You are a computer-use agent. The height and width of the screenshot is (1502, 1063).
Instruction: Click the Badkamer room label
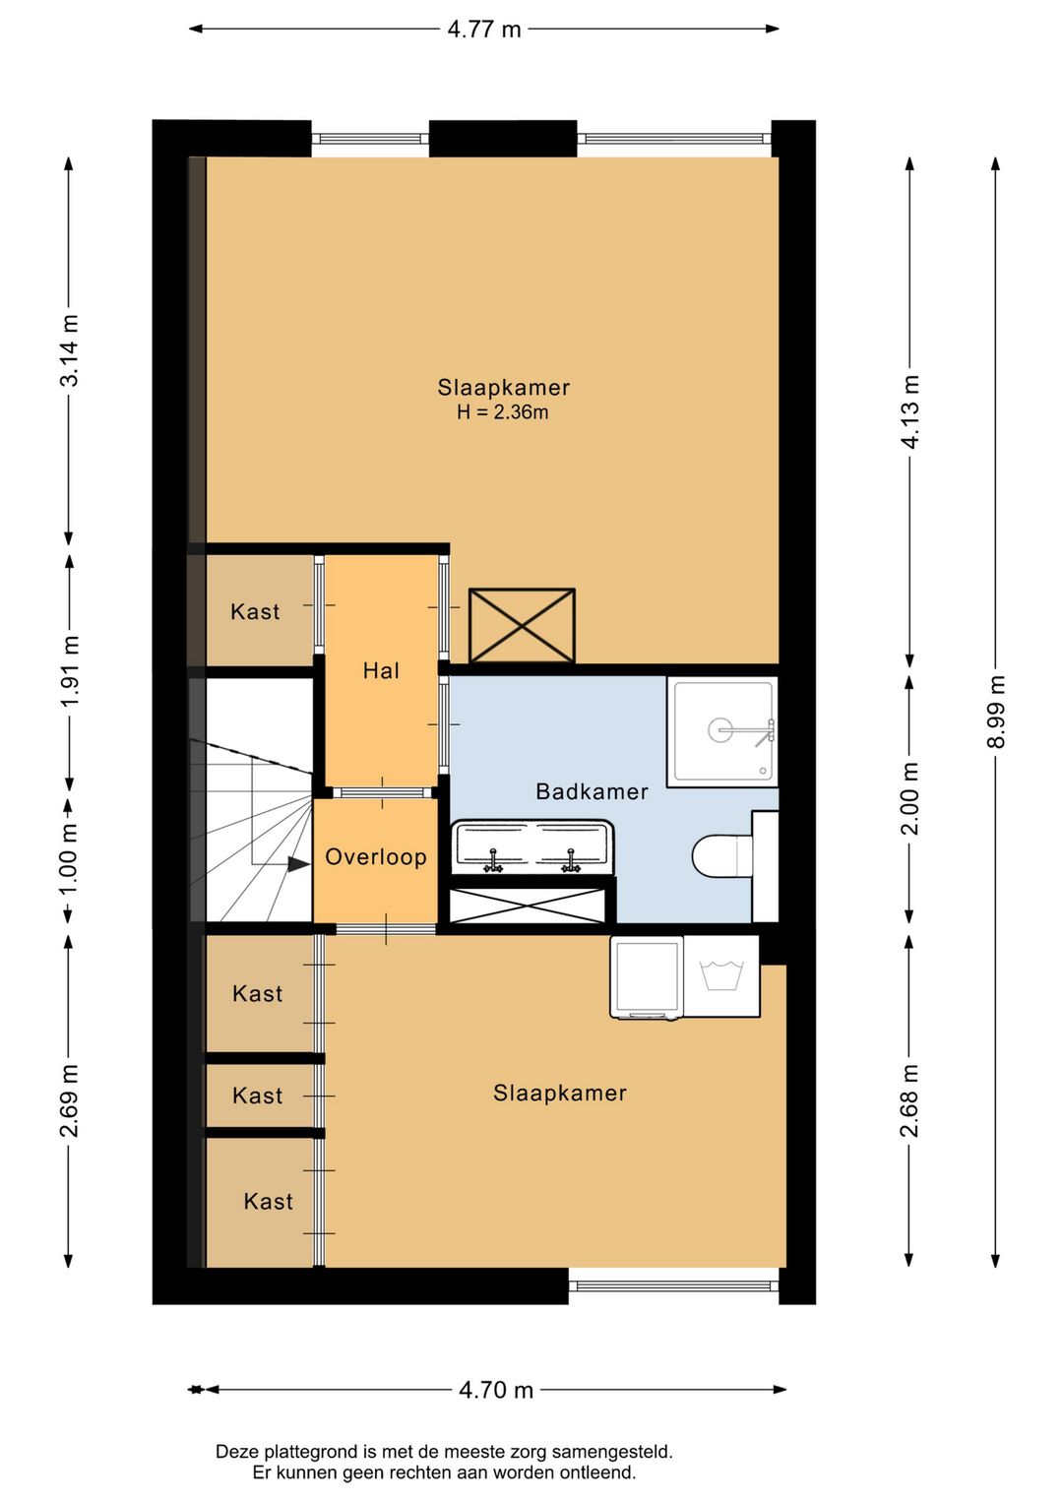(x=592, y=792)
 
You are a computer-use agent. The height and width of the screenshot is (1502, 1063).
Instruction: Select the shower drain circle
(x=720, y=729)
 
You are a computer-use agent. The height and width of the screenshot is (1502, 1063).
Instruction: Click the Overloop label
(x=376, y=857)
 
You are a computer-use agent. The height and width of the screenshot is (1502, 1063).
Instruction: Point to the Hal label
(x=381, y=670)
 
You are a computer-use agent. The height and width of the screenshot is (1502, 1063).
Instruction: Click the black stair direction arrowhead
(x=298, y=864)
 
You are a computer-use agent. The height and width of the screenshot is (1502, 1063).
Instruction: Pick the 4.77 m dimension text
(x=484, y=30)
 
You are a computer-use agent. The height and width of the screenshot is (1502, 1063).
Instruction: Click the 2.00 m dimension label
(x=909, y=798)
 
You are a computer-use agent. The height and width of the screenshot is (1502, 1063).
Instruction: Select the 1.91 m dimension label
(x=70, y=670)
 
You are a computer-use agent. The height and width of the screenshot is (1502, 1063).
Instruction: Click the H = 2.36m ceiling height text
(x=502, y=411)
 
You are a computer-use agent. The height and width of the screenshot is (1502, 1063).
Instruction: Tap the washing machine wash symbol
(x=720, y=975)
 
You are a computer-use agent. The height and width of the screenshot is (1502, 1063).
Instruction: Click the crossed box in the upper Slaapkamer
(x=522, y=626)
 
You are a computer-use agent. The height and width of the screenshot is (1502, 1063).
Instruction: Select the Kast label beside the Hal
(x=255, y=611)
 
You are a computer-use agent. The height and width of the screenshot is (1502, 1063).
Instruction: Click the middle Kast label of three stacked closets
(x=258, y=1095)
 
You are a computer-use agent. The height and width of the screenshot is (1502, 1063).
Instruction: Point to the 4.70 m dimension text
(x=496, y=1391)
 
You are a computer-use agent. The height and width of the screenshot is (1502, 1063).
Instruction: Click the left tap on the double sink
(x=493, y=860)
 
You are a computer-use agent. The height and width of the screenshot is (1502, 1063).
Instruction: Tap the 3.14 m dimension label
(x=70, y=350)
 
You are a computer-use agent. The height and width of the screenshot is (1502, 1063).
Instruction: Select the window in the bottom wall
(x=674, y=1285)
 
